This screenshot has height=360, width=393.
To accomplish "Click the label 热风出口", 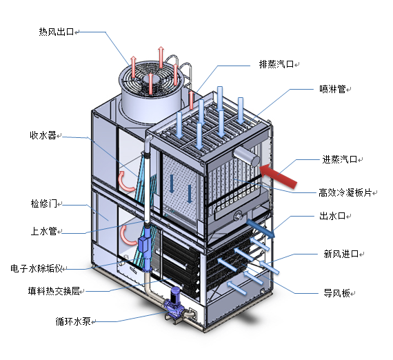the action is pos(57,32).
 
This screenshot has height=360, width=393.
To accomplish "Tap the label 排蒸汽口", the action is pos(276,64).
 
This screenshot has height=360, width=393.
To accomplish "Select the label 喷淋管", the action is pos(332,89).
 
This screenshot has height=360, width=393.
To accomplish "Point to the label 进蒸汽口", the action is pos(340,159).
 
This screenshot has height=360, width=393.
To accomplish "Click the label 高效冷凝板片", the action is pos(345,192).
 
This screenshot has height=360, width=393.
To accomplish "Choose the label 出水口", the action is pos(332,216).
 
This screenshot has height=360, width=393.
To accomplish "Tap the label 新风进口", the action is pos(341,254).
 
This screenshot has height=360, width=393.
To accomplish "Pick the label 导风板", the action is pos(336,292).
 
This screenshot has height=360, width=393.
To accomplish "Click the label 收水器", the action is pos(43,135).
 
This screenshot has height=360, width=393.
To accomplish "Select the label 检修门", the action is pos(44,203).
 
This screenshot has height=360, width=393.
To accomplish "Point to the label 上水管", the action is pos(44,231).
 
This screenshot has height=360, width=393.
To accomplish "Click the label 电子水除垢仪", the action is pos(37,268).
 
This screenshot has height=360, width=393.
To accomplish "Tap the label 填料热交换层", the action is pos(54,291).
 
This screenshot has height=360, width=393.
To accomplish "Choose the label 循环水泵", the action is pos(73,321).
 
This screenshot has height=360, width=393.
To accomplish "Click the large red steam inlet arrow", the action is pos(279,176).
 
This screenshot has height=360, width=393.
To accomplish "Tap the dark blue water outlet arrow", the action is pos(261,229).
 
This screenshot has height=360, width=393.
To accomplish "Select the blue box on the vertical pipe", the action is pos(143,244).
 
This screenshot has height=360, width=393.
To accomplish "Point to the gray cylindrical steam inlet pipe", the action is pos(246,156).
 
